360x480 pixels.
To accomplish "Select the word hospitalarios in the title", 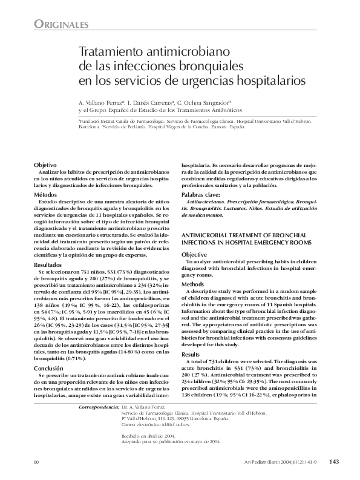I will tap(269, 79).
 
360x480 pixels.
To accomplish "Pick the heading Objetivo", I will tap(45, 165).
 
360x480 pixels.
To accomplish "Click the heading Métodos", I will tap(45, 195).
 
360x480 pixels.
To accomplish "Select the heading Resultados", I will tap(48, 265).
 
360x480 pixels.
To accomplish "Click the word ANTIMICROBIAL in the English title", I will tap(206, 233).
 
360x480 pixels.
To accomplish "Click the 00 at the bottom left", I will tap(36, 462).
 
